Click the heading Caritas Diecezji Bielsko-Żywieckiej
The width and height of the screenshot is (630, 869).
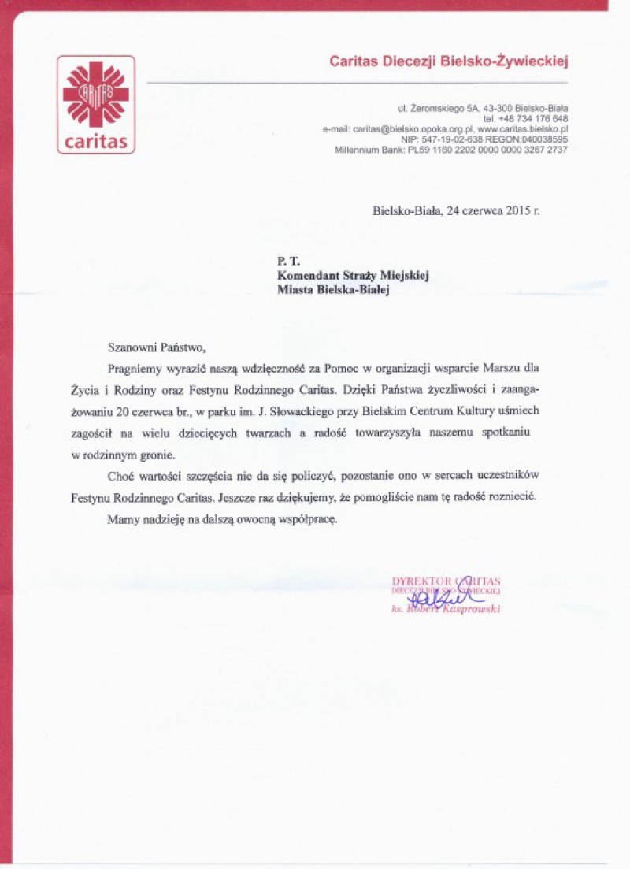tap(448, 61)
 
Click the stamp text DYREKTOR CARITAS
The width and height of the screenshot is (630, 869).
tap(446, 582)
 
